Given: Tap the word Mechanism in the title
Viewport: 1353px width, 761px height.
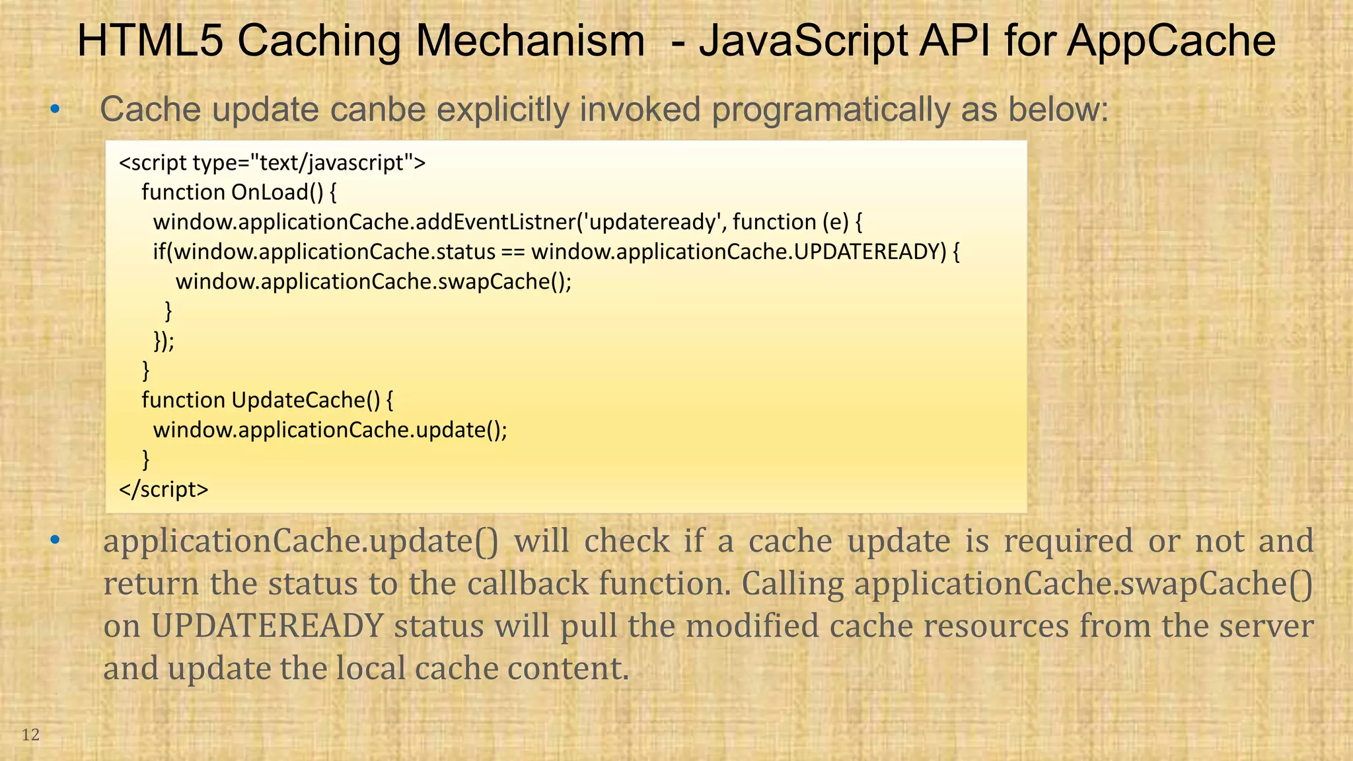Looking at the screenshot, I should click(530, 41).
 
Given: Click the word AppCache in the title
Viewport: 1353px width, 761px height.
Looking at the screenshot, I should click(1171, 41).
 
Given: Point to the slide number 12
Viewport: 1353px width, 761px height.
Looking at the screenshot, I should click(31, 735).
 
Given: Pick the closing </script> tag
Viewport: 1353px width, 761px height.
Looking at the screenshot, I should click(164, 489).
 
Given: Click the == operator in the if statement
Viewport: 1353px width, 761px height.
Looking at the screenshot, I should click(513, 252).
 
